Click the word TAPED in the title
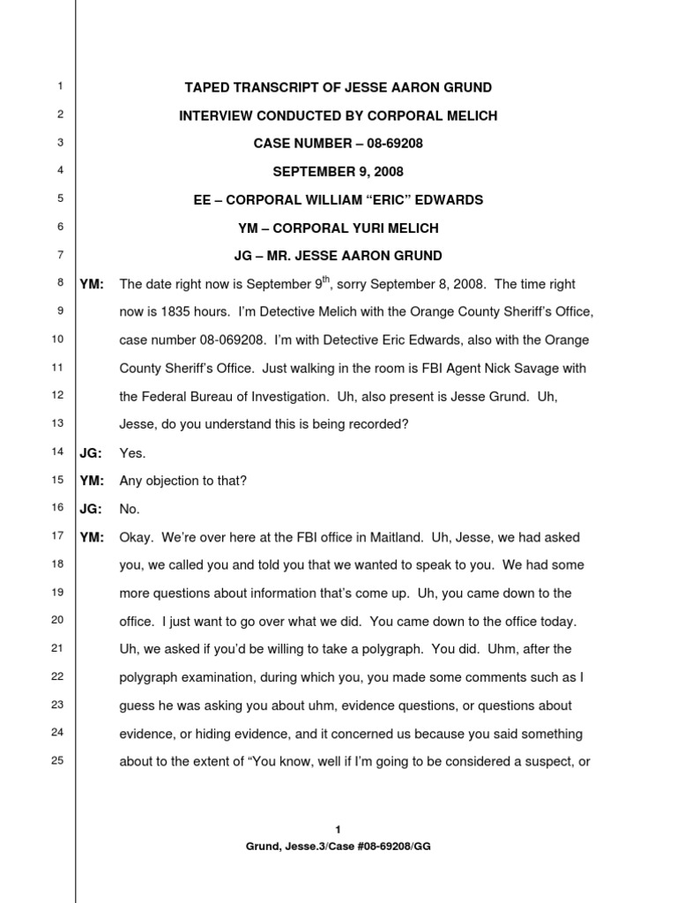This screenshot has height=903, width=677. coord(205,87)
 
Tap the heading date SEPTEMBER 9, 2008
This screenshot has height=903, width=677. coord(338,172)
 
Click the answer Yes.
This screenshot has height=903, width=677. coord(131,453)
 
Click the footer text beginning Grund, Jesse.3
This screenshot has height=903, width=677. coord(338,845)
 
